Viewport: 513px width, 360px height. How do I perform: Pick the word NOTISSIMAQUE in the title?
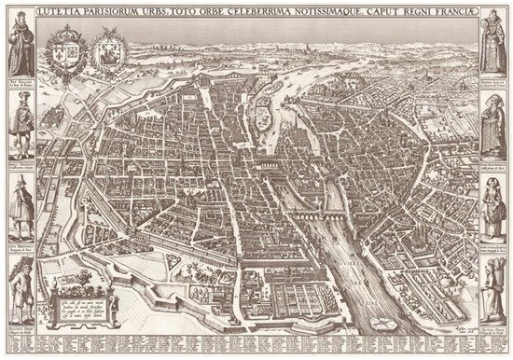click(x=327, y=11)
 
